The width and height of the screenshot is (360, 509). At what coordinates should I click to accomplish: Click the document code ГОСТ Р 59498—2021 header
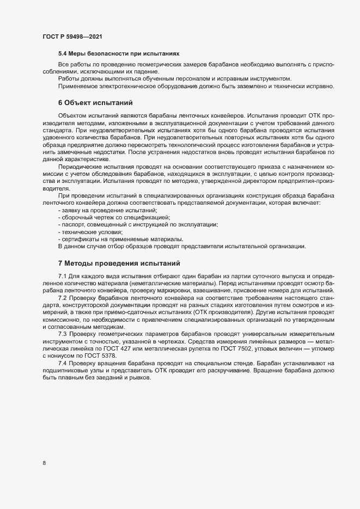[x=71, y=36]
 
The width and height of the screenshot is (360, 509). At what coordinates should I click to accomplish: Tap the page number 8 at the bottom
[x=44, y=464]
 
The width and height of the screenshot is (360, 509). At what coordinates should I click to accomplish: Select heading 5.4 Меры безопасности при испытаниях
[x=119, y=54]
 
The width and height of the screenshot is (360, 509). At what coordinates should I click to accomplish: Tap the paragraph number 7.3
[x=62, y=333]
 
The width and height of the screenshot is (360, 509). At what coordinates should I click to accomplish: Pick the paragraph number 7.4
[x=62, y=362]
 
